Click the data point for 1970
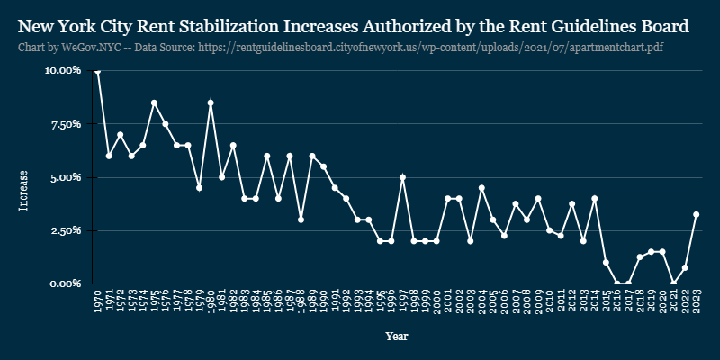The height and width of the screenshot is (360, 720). pyautogui.click(x=97, y=71)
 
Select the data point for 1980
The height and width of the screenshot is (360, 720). pyautogui.click(x=211, y=103)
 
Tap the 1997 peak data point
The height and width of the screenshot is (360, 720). pyautogui.click(x=402, y=177)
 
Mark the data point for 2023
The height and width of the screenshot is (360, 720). pyautogui.click(x=697, y=215)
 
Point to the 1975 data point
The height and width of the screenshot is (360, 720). pyautogui.click(x=154, y=103)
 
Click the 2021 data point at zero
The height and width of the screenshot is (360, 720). pyautogui.click(x=674, y=283)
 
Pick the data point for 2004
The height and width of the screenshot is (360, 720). pyautogui.click(x=481, y=188)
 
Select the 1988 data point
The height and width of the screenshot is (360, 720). pyautogui.click(x=301, y=220)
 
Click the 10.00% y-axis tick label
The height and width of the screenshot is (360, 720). pyautogui.click(x=63, y=70)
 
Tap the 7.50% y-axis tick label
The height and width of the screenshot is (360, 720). pyautogui.click(x=66, y=124)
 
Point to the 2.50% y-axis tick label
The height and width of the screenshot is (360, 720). pyautogui.click(x=66, y=230)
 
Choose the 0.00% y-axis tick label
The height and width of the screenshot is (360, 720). pyautogui.click(x=66, y=283)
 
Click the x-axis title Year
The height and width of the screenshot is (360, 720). pyautogui.click(x=396, y=336)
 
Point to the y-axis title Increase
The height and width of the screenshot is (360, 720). pyautogui.click(x=24, y=191)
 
